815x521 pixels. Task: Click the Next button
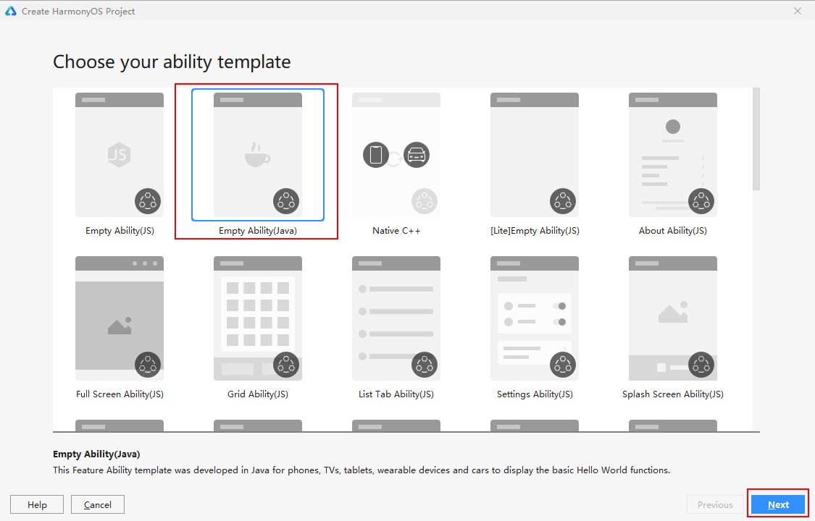[x=778, y=504]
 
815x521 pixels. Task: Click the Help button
[x=37, y=504]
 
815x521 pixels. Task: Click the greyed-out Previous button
[x=715, y=504]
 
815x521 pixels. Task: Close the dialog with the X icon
[x=798, y=11]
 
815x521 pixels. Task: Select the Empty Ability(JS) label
[x=120, y=230]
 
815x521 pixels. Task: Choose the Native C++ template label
[x=396, y=230]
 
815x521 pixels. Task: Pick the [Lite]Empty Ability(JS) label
[x=535, y=230]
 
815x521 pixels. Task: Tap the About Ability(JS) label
[x=672, y=230]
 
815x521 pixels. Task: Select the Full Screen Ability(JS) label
[x=120, y=394]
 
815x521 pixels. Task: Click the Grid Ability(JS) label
[x=258, y=394]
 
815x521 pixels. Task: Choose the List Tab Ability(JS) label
[x=396, y=394]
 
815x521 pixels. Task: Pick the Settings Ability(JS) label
[x=535, y=394]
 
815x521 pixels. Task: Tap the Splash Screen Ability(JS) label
[x=672, y=394]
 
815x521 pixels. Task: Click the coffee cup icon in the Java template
[x=257, y=155]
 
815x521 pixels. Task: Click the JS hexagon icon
[x=119, y=155]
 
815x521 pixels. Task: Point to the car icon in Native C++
[x=417, y=155]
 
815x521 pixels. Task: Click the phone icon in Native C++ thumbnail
[x=376, y=155]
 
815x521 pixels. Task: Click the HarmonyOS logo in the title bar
[x=10, y=11]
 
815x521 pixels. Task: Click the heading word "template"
[x=254, y=62]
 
